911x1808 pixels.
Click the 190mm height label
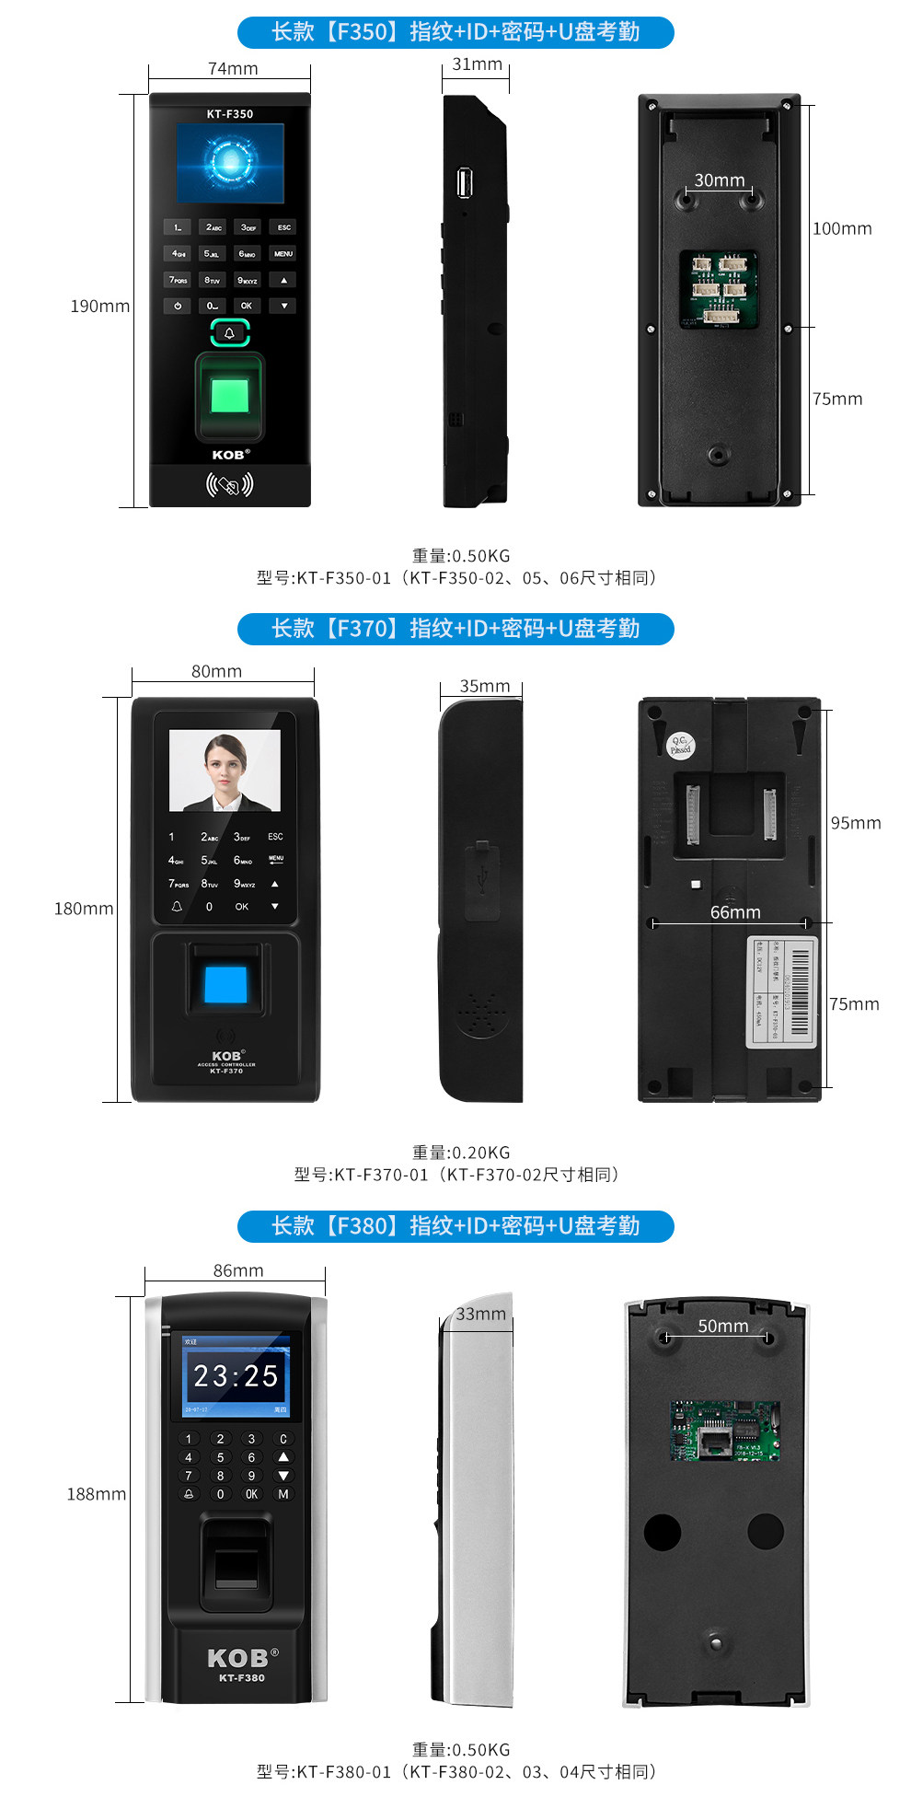coord(99,306)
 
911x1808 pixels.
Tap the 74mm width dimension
coord(233,69)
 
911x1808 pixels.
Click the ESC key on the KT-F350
coord(283,227)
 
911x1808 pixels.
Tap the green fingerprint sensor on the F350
coord(229,396)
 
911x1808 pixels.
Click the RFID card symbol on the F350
coord(229,484)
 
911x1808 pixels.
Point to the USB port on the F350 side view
coord(465,182)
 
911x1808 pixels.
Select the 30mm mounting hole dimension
coord(719,180)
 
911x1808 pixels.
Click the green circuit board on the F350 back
coord(719,289)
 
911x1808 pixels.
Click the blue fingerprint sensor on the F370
coord(225,984)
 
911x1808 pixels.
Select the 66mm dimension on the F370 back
coord(735,912)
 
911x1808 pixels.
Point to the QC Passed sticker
coord(680,746)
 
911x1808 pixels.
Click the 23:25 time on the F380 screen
coord(236,1376)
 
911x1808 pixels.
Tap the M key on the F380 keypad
coord(283,1494)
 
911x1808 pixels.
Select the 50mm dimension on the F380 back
coord(722,1326)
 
